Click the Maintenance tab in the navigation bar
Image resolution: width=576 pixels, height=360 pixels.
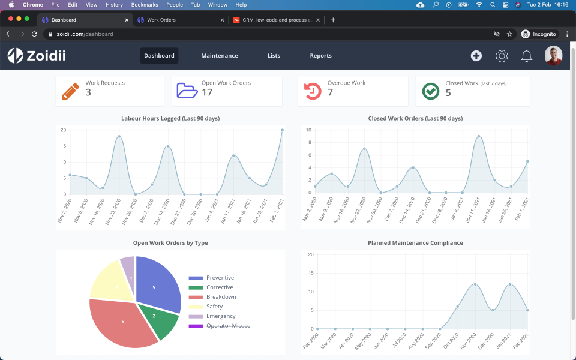(x=220, y=56)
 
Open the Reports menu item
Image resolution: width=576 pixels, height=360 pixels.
(x=320, y=56)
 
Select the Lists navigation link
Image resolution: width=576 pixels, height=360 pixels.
(x=274, y=56)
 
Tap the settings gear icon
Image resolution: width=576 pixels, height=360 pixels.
(x=502, y=56)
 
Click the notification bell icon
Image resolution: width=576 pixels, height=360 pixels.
(x=527, y=56)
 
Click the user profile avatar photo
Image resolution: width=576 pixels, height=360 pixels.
(x=553, y=56)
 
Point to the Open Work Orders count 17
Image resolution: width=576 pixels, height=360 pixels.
(x=207, y=92)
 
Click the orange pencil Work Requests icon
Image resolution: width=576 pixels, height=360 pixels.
(x=70, y=91)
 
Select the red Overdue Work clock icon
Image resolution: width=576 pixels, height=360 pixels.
(x=313, y=91)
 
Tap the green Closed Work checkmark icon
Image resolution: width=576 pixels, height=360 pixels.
(x=431, y=91)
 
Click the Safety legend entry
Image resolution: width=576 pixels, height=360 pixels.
(x=214, y=307)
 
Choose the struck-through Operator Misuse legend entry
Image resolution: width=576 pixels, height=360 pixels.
(x=228, y=326)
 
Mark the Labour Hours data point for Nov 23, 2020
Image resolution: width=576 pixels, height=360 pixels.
(x=119, y=136)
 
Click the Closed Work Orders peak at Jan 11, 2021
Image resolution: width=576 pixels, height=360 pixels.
(x=479, y=136)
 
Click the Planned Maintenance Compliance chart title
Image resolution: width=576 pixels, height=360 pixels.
(x=415, y=243)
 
